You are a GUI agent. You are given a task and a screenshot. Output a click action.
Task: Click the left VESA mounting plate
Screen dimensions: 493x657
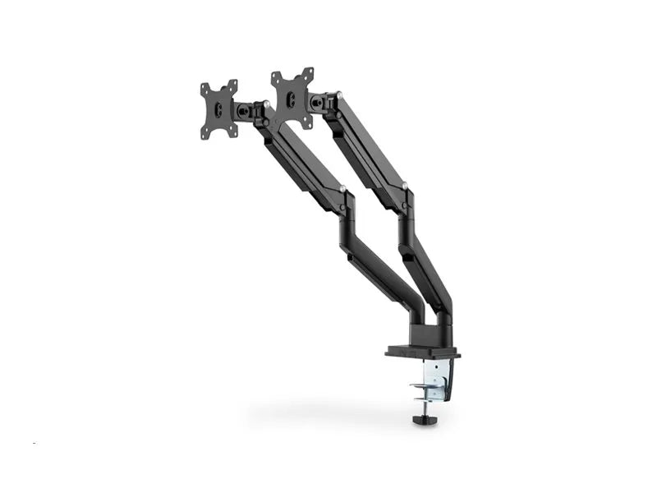coord(219,109)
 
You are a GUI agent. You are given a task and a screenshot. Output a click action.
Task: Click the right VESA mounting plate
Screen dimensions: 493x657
coord(293,98)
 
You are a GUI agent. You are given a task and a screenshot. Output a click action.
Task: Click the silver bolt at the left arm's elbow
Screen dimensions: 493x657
coord(342,190)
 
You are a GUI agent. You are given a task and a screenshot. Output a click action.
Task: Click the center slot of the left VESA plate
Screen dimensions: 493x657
coord(218,110)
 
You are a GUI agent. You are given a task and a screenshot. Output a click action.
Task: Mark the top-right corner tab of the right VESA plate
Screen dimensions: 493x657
coord(310,73)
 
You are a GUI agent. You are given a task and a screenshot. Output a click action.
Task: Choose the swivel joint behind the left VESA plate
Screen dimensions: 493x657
coord(244,109)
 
